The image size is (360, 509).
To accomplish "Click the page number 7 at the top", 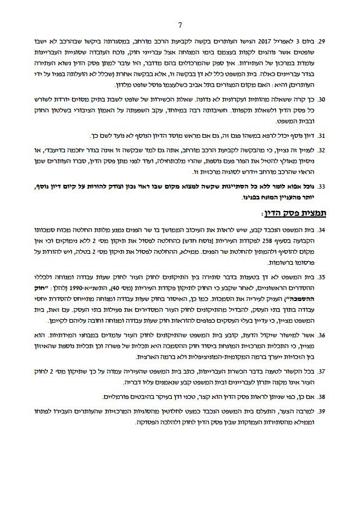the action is [x=180, y=26].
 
